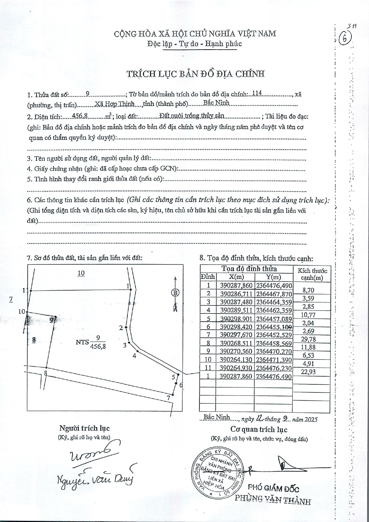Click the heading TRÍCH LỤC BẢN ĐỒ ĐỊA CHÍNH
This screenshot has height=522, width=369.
click(196, 74)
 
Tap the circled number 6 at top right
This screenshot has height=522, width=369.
click(346, 39)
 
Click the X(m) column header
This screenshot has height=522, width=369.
click(235, 277)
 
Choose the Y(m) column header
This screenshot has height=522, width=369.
click(273, 277)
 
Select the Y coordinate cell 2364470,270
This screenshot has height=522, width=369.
click(274, 351)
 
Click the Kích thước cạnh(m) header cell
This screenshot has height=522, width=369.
click(312, 274)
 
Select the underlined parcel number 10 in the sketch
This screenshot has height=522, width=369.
click(81, 273)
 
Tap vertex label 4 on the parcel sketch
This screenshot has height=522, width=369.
click(134, 356)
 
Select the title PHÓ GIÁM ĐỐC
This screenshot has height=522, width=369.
click(273, 489)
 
